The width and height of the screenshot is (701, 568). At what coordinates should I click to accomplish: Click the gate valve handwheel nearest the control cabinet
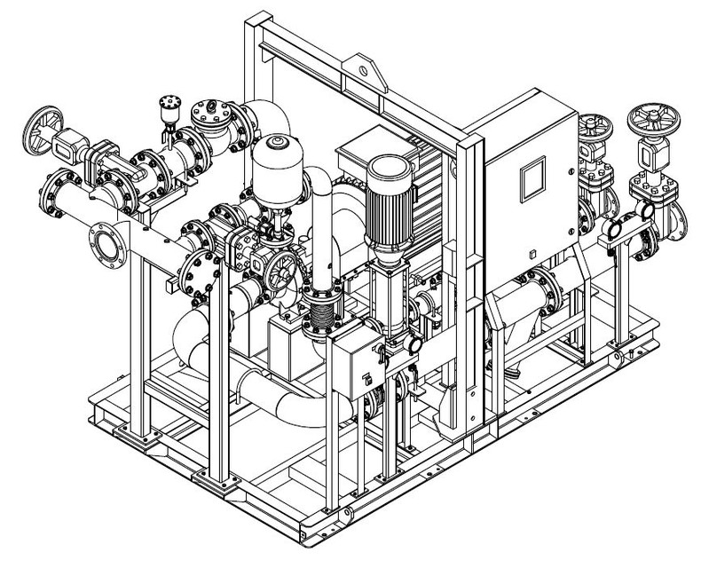pos(592,123)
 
